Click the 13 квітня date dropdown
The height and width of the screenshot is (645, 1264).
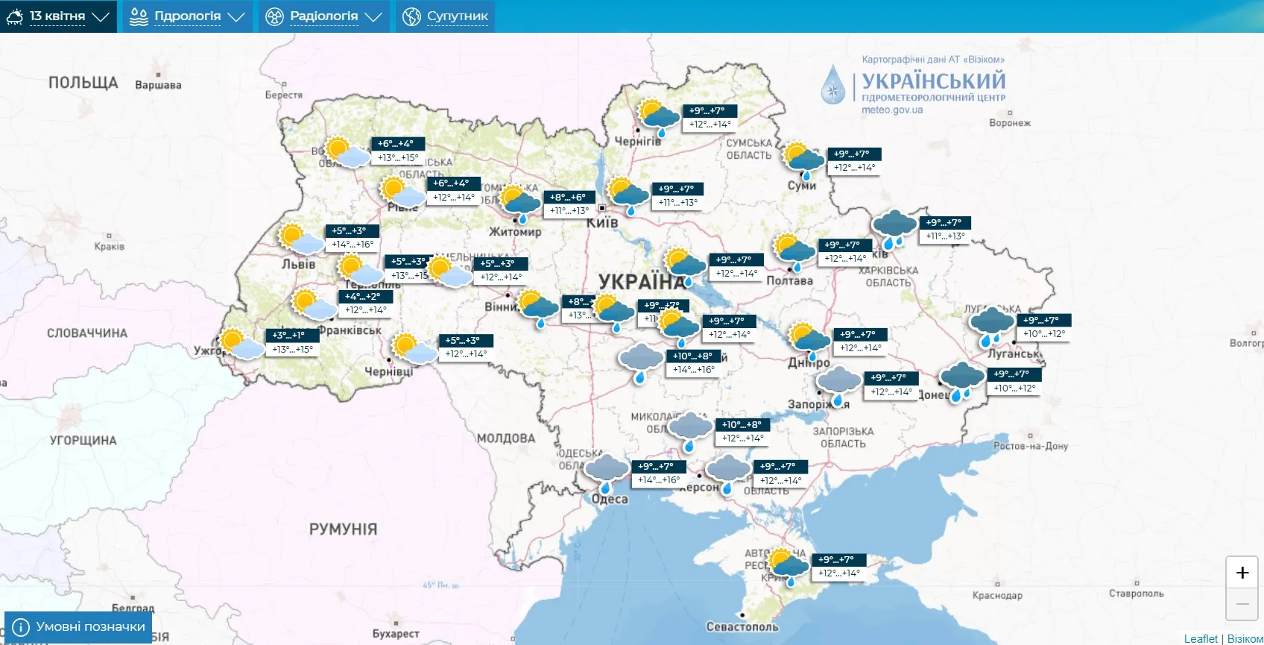(58, 16)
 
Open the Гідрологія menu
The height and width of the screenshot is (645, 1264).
(187, 16)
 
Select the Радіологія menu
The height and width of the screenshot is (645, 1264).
(324, 16)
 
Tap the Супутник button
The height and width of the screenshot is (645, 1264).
(446, 16)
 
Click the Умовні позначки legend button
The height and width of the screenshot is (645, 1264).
(78, 627)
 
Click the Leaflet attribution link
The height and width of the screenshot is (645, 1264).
(1201, 639)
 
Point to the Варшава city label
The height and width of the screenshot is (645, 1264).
(158, 85)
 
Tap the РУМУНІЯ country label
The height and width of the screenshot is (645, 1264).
(343, 529)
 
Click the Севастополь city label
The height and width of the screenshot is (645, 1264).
(742, 627)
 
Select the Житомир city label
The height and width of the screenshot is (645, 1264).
(515, 232)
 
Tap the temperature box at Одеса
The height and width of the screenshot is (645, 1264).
(659, 473)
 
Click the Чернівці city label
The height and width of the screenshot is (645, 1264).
(388, 371)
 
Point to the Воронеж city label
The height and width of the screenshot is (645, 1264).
(1010, 123)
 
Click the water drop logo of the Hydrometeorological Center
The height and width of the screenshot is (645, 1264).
(833, 85)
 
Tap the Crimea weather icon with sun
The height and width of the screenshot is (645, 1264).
(787, 567)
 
